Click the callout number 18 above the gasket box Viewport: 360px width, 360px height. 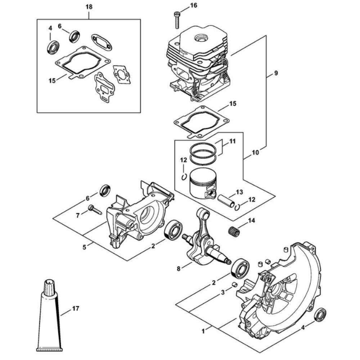89,7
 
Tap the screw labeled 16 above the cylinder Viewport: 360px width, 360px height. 177,20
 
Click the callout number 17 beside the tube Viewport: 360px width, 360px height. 76,309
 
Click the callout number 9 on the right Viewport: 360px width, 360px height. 276,73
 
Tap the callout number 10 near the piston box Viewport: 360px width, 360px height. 255,152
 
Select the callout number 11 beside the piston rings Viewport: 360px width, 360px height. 233,141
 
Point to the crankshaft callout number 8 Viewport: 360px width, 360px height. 179,268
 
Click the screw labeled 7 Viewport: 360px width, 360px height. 95,210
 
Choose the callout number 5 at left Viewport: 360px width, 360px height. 85,247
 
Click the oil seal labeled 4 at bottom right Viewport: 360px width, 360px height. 320,316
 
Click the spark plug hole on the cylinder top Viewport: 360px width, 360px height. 199,38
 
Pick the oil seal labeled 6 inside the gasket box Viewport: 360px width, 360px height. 74,36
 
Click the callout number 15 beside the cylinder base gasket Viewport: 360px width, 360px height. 233,104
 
